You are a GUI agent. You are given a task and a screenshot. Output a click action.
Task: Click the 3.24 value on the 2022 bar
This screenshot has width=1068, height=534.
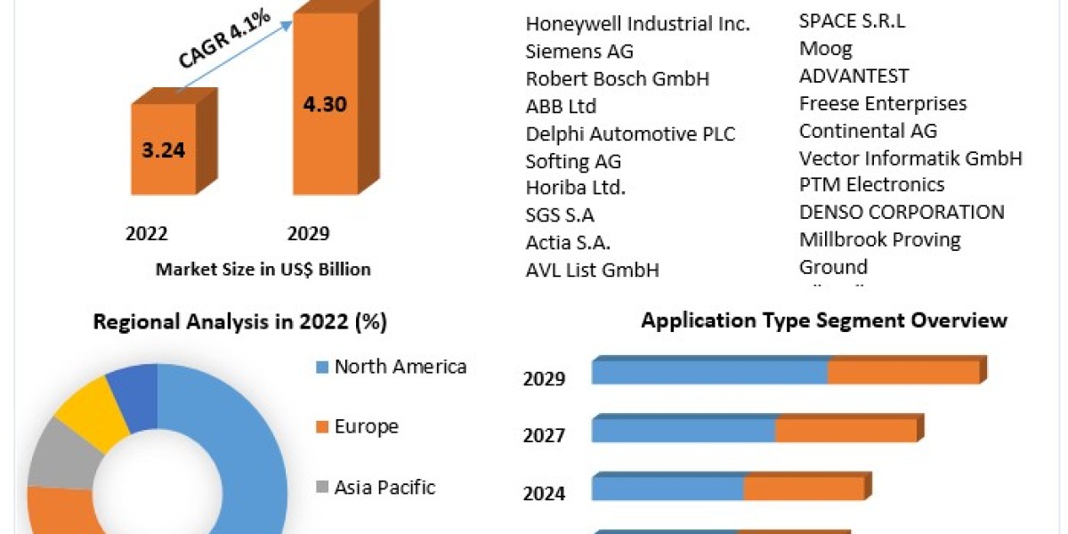pyautogui.click(x=164, y=150)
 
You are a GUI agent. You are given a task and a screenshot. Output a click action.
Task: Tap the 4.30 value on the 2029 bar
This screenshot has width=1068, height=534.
pyautogui.click(x=325, y=104)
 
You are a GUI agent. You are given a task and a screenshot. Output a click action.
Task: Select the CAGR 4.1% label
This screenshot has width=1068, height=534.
pyautogui.click(x=224, y=39)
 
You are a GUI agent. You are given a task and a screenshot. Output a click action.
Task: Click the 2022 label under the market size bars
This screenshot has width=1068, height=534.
pyautogui.click(x=146, y=233)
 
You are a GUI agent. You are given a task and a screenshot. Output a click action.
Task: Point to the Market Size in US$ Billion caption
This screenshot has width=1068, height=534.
pyautogui.click(x=263, y=270)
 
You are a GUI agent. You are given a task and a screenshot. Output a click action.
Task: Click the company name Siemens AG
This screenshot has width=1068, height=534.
pyautogui.click(x=579, y=51)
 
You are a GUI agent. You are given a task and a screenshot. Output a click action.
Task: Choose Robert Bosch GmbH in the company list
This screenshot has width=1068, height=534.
pyautogui.click(x=618, y=78)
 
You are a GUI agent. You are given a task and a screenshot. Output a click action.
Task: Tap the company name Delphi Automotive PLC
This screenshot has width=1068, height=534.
pyautogui.click(x=630, y=134)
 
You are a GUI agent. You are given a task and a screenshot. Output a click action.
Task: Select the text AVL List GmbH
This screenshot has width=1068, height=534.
pyautogui.click(x=592, y=271)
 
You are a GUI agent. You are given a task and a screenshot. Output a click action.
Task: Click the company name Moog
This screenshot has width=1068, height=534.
pyautogui.click(x=825, y=49)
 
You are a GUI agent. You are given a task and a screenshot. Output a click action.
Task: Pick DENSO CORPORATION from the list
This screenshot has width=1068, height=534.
pyautogui.click(x=902, y=212)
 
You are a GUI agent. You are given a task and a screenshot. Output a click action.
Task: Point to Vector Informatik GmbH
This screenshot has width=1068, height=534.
pyautogui.click(x=910, y=158)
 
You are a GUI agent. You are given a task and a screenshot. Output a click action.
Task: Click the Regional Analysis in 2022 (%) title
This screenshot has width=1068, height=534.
pyautogui.click(x=239, y=322)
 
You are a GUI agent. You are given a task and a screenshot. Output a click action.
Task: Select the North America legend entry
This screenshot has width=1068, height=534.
pyautogui.click(x=392, y=367)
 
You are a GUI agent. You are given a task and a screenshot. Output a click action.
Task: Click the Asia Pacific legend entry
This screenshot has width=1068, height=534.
pyautogui.click(x=376, y=487)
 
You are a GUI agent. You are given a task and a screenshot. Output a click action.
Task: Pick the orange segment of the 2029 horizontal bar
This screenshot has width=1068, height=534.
pyautogui.click(x=904, y=372)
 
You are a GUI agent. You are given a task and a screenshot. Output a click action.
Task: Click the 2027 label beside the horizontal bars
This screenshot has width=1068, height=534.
pyautogui.click(x=544, y=435)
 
